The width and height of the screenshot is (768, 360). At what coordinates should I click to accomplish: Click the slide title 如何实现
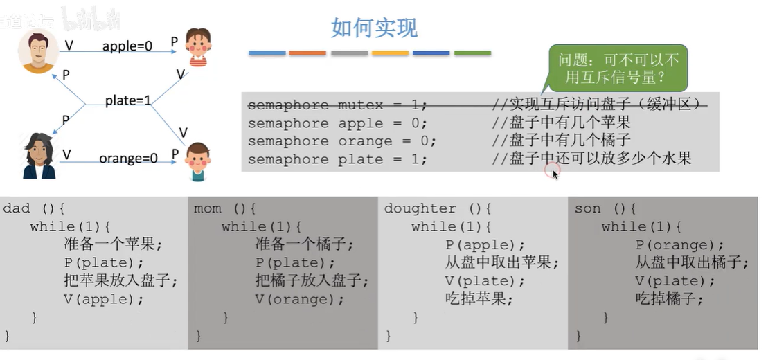pyautogui.click(x=375, y=28)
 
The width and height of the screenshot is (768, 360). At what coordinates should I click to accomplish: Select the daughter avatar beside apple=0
pyautogui.click(x=198, y=47)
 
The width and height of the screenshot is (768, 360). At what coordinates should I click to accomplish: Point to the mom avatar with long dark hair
pyautogui.click(x=39, y=156)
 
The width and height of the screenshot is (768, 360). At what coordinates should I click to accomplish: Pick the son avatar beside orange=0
pyautogui.click(x=197, y=161)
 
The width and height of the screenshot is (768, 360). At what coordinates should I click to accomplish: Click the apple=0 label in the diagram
pyautogui.click(x=127, y=46)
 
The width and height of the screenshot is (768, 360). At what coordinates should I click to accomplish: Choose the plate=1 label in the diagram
pyautogui.click(x=128, y=100)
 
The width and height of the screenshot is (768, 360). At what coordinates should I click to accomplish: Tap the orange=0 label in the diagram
pyautogui.click(x=128, y=159)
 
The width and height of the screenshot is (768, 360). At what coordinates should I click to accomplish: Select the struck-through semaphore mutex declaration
pyautogui.click(x=338, y=105)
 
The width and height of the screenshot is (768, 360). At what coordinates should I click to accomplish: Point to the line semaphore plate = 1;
pyautogui.click(x=338, y=159)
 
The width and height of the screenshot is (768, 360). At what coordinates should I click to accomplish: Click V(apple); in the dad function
pyautogui.click(x=103, y=299)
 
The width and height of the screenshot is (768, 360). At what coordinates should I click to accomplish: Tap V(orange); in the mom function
pyautogui.click(x=299, y=299)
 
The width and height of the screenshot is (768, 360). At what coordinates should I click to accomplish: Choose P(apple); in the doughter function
pyautogui.click(x=485, y=245)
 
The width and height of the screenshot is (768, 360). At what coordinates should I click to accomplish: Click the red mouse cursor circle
pyautogui.click(x=551, y=170)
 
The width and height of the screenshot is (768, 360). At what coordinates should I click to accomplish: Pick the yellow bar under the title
pyautogui.click(x=390, y=53)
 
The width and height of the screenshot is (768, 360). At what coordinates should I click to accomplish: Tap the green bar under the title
pyautogui.click(x=472, y=53)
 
